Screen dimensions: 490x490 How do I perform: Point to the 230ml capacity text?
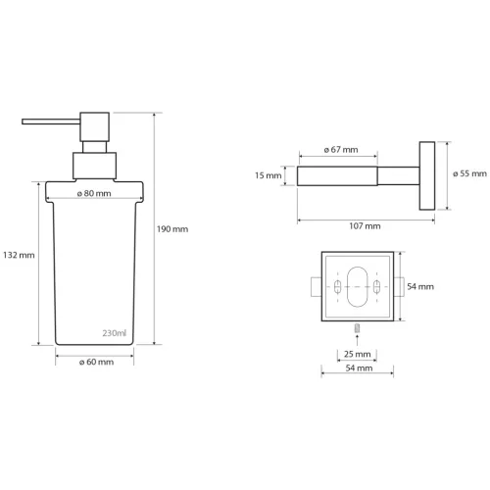115,333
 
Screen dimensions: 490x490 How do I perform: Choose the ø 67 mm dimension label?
340,150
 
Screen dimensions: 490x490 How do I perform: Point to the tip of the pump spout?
24,123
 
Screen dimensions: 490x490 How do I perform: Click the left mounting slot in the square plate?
338,289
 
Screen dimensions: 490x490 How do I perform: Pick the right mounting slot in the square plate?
376,289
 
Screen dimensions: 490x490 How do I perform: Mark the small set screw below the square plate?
357,326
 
